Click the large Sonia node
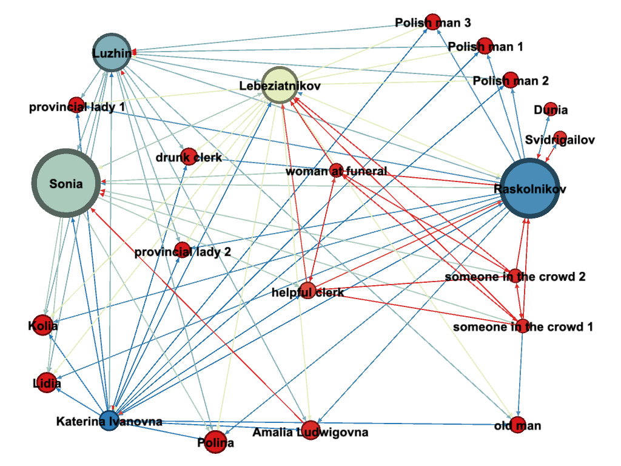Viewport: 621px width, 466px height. pos(65,183)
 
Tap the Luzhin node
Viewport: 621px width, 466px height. pos(112,53)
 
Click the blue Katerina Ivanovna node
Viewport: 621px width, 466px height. pos(109,420)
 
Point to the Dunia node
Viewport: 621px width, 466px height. pos(549,110)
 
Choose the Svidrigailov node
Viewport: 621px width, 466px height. pos(560,137)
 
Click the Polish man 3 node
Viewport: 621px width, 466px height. pos(432,22)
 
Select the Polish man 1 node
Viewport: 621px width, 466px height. pos(485,46)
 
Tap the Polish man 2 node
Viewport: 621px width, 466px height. pos(511,81)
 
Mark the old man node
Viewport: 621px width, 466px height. pos(517,425)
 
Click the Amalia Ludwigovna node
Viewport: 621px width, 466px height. pos(310,430)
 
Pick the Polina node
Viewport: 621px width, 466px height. pos(215,442)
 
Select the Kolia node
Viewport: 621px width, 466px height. pos(42,325)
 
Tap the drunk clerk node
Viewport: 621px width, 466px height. pos(189,157)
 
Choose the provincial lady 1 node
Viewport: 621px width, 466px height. pos(76,105)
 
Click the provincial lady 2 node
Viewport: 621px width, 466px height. pos(183,249)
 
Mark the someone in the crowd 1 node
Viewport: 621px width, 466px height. pos(522,326)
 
